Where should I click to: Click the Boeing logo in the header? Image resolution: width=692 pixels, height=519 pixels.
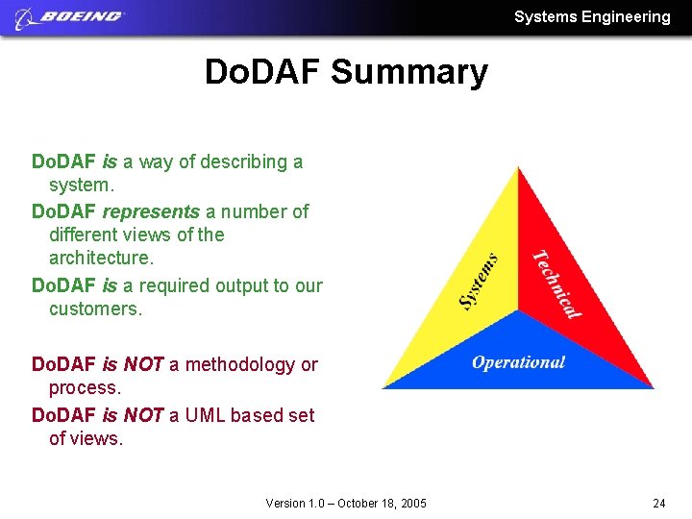point(70,16)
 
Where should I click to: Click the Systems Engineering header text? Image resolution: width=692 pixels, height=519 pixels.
point(592,16)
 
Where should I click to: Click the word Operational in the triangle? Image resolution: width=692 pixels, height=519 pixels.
point(518,362)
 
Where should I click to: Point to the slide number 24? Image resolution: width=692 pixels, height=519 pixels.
point(658,503)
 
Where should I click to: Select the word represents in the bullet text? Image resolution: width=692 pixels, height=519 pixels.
point(151,211)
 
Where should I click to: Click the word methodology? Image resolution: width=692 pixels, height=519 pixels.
point(240,364)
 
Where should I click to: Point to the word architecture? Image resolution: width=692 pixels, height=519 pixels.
point(100,259)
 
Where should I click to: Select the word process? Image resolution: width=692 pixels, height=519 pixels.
point(84,388)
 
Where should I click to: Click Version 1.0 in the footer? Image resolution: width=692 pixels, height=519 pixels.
point(293,503)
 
